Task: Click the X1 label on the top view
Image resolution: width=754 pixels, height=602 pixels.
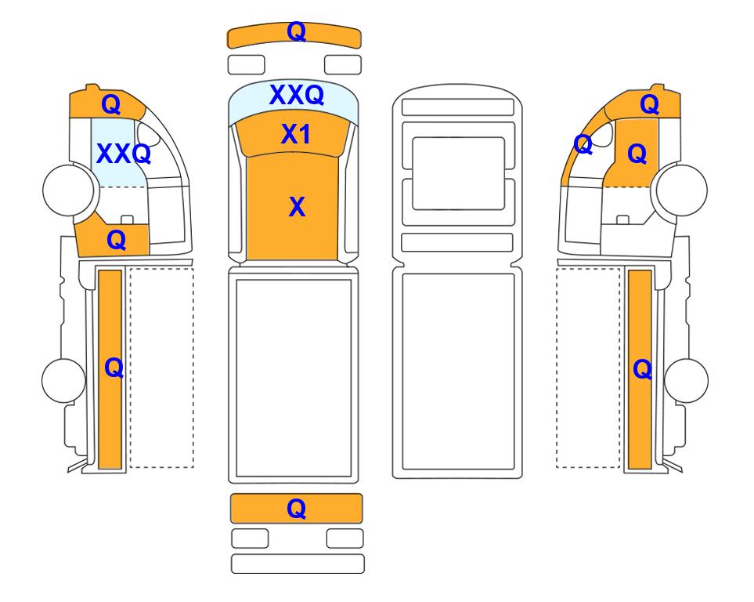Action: coord(296,134)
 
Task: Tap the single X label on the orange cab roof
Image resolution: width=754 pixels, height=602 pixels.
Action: coord(298,207)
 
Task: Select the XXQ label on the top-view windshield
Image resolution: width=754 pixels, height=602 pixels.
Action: coord(297,95)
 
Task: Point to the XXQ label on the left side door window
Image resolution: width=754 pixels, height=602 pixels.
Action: coord(124,154)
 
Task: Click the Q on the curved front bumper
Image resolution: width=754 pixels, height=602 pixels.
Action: coord(296,32)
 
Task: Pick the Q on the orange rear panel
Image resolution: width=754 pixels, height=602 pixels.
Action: coord(296,509)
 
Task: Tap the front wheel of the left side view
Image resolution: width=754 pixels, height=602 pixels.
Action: coord(68,190)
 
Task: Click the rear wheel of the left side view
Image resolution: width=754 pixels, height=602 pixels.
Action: coord(64,380)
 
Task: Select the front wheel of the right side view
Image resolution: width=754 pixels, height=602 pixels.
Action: coord(682,190)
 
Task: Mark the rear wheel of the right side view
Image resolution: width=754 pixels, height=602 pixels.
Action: coord(686,380)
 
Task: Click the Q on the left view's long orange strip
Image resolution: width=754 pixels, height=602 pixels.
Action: coord(114,368)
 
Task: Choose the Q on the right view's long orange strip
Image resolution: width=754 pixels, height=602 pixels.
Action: coord(643,370)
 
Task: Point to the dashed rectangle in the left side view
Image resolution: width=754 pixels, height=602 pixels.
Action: coord(161,368)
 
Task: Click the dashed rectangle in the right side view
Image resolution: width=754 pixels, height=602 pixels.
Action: coord(588,368)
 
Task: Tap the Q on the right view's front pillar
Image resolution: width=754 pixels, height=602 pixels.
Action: coord(583,144)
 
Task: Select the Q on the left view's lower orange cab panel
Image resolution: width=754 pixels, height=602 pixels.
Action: coord(117,240)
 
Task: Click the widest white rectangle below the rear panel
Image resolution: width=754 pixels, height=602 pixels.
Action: coord(298,564)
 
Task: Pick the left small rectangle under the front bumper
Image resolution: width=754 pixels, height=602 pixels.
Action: coord(246,65)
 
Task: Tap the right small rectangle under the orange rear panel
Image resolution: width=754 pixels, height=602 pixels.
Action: coord(345,539)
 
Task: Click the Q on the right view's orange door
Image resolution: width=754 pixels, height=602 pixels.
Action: coord(637,154)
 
